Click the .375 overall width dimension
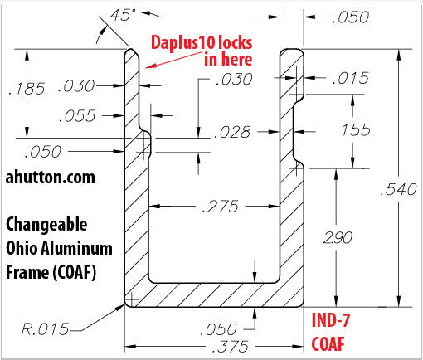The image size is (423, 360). click(x=230, y=347)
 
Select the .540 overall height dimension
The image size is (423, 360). click(x=398, y=189)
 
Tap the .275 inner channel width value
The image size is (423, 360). click(x=220, y=207)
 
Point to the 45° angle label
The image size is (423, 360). click(x=123, y=15)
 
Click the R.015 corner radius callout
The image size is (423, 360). click(x=45, y=329)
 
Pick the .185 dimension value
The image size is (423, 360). click(x=27, y=89)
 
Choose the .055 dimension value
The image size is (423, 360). click(x=77, y=115)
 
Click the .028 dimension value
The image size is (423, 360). click(x=233, y=132)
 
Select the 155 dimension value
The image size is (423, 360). click(x=356, y=129)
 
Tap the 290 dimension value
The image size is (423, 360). click(x=338, y=237)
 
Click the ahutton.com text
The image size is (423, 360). click(x=51, y=178)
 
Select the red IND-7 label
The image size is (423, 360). click(x=331, y=320)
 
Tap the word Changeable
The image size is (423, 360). click(x=46, y=224)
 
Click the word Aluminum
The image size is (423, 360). click(x=77, y=248)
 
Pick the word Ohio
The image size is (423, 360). click(x=22, y=248)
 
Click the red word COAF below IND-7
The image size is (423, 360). click(x=328, y=344)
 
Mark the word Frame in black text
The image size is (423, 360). click(x=27, y=272)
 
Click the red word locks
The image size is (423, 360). click(x=235, y=42)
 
